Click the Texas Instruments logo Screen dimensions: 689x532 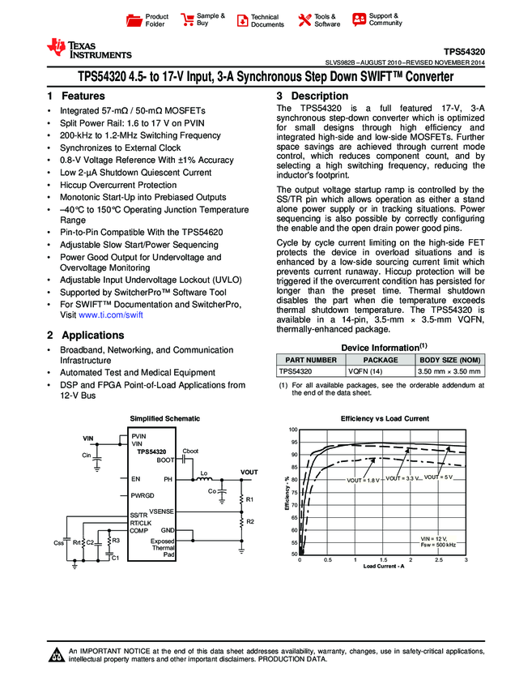point(89,49)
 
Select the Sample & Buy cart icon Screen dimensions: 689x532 point(187,19)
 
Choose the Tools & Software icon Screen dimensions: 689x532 point(304,20)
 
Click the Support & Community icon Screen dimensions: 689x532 point(359,19)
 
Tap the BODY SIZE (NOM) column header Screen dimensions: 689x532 point(450,359)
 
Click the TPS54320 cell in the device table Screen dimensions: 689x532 point(295,370)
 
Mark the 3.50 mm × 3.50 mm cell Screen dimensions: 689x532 point(449,370)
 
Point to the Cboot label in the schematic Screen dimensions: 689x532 point(191,451)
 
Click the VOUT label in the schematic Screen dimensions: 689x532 point(249,472)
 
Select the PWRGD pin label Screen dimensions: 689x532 point(143,494)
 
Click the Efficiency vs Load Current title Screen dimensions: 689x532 point(385,418)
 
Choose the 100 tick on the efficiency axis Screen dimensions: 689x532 point(294,430)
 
